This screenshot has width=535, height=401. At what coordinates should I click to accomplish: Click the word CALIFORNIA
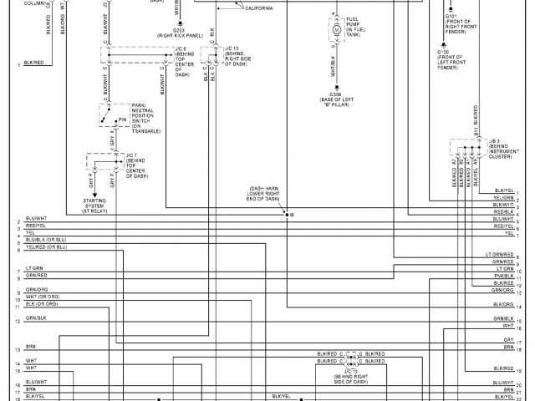(258, 8)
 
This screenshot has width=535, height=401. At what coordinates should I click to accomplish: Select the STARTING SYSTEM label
(99, 204)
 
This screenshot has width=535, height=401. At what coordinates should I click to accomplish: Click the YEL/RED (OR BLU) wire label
(46, 247)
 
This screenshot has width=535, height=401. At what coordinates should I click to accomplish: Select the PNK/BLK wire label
(503, 275)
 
